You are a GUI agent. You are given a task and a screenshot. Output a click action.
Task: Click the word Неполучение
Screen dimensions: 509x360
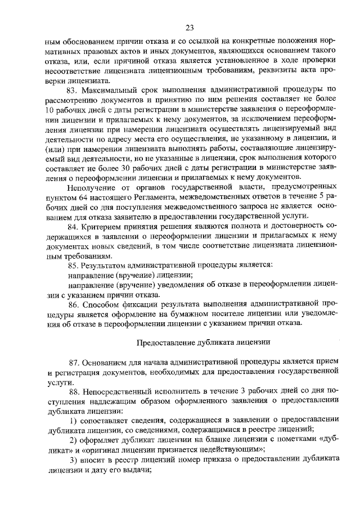click(93, 187)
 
